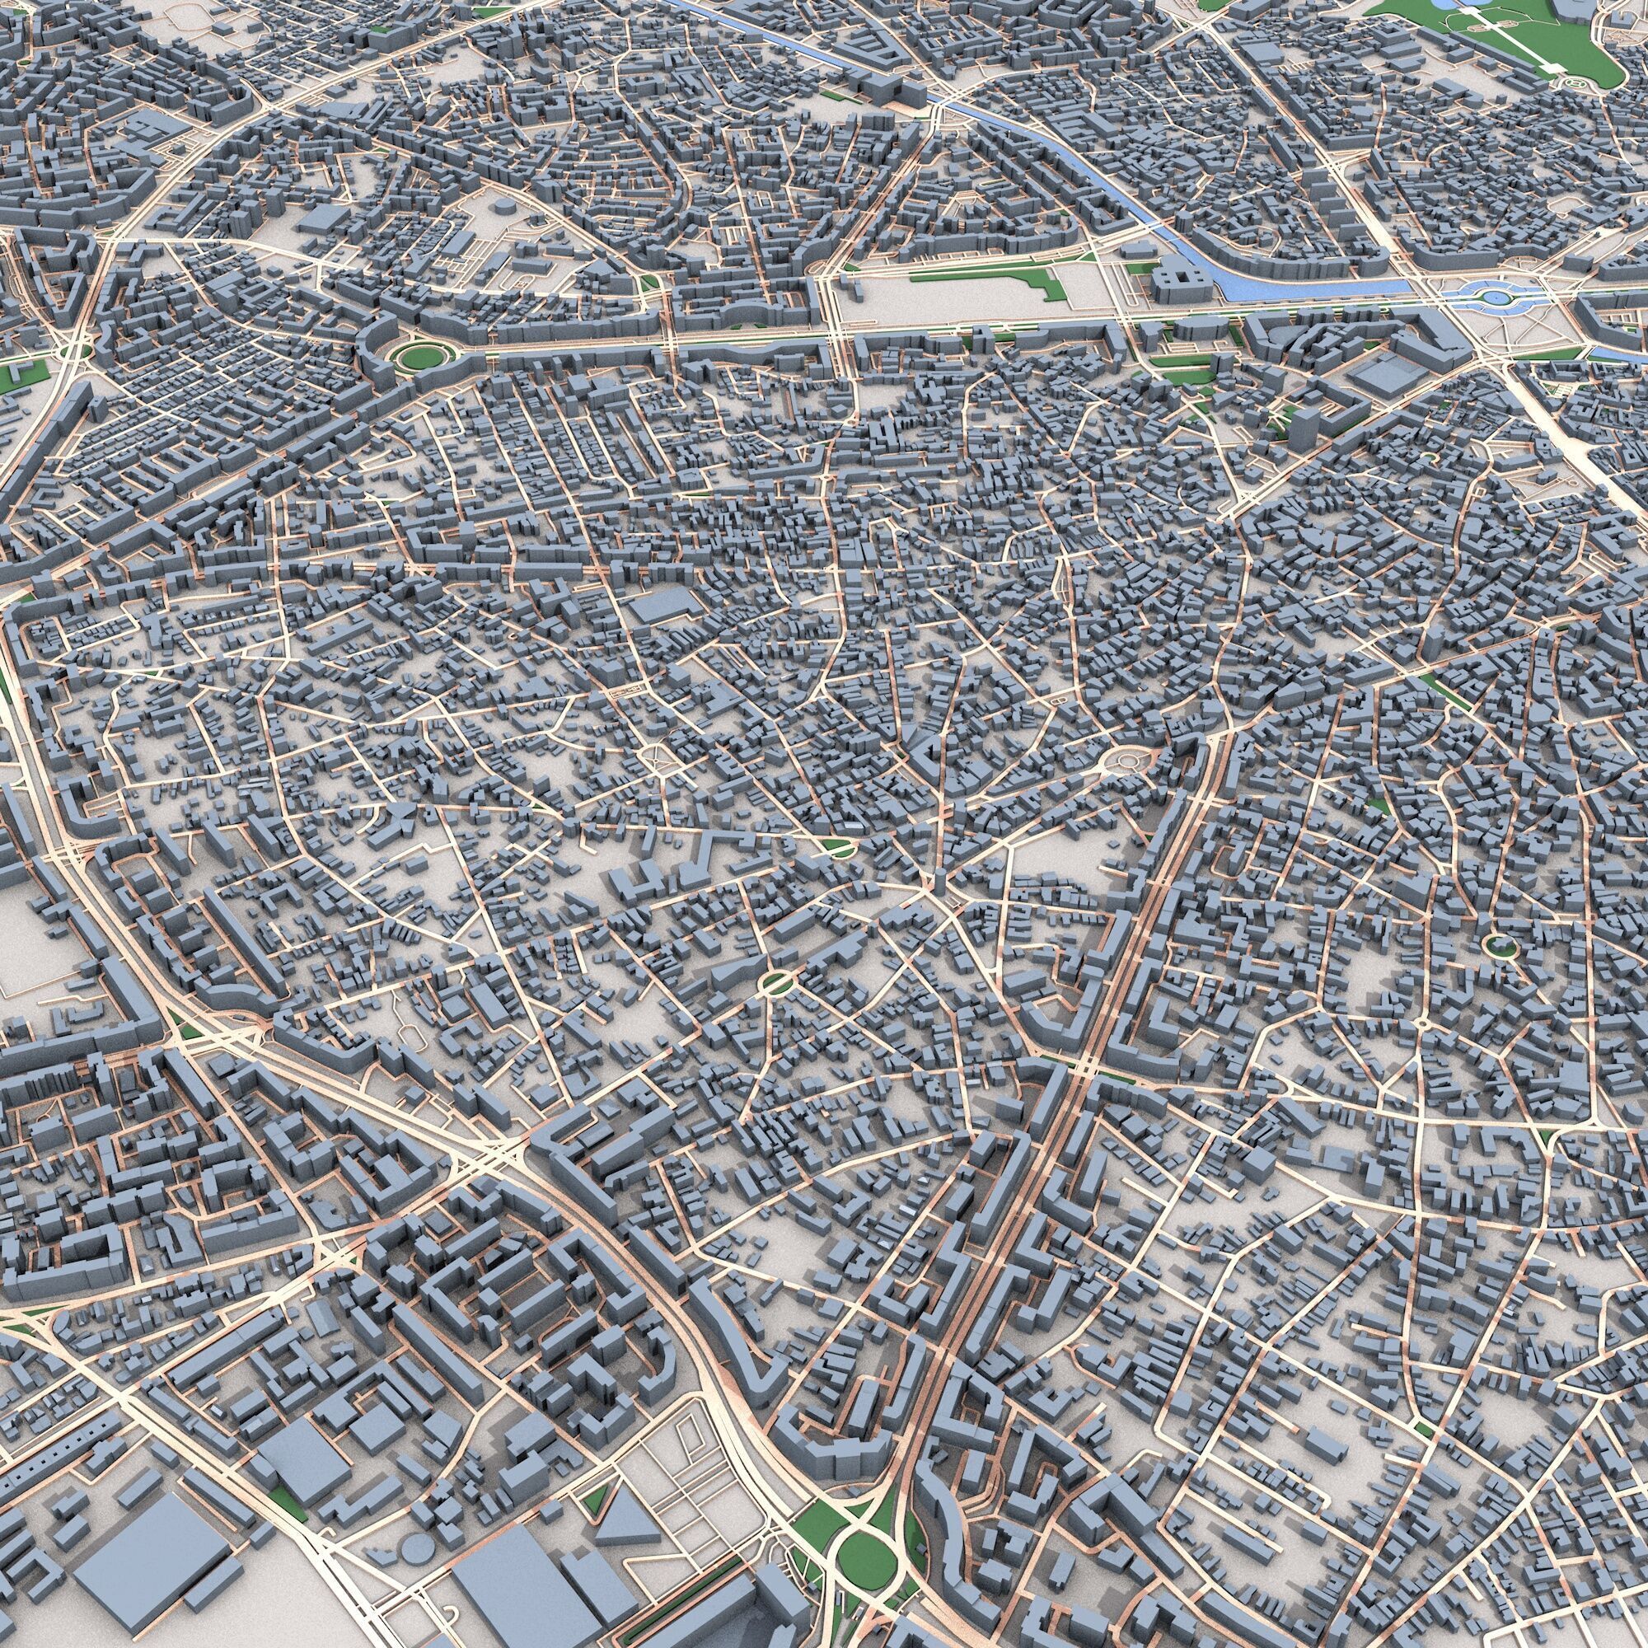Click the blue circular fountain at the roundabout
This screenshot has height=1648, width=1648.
(1494, 297)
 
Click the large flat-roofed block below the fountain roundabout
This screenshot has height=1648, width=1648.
(1380, 374)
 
